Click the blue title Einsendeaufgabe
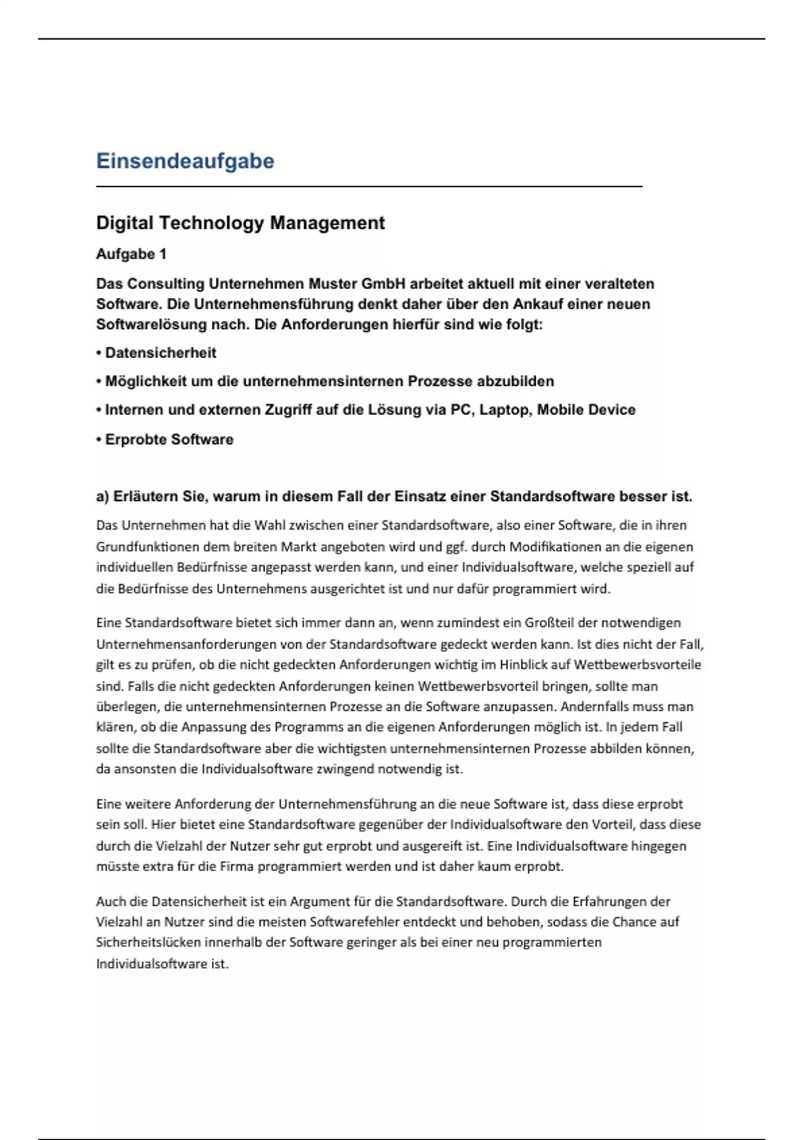(185, 161)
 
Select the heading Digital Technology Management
(240, 223)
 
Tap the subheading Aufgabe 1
(131, 254)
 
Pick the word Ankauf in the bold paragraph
(538, 304)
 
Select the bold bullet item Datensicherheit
(161, 353)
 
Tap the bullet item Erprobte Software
(169, 439)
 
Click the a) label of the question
(102, 497)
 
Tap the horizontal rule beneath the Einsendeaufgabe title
(369, 186)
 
